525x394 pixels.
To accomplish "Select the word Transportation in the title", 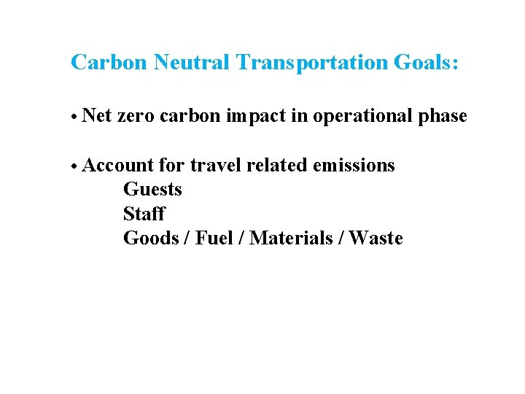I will pyautogui.click(x=312, y=63).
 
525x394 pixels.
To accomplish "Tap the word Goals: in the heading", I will pyautogui.click(x=427, y=63).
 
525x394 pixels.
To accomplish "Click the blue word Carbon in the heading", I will pyautogui.click(x=109, y=63).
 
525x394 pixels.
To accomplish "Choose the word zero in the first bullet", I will pyautogui.click(x=135, y=116).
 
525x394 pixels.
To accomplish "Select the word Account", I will pyautogui.click(x=118, y=166).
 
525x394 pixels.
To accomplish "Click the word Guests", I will pyautogui.click(x=152, y=190).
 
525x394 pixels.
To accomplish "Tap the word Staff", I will pyautogui.click(x=144, y=215).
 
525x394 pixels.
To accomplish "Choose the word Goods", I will pyautogui.click(x=151, y=239).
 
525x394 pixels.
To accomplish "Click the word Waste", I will pyautogui.click(x=376, y=239).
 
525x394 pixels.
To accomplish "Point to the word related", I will pyautogui.click(x=276, y=166).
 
